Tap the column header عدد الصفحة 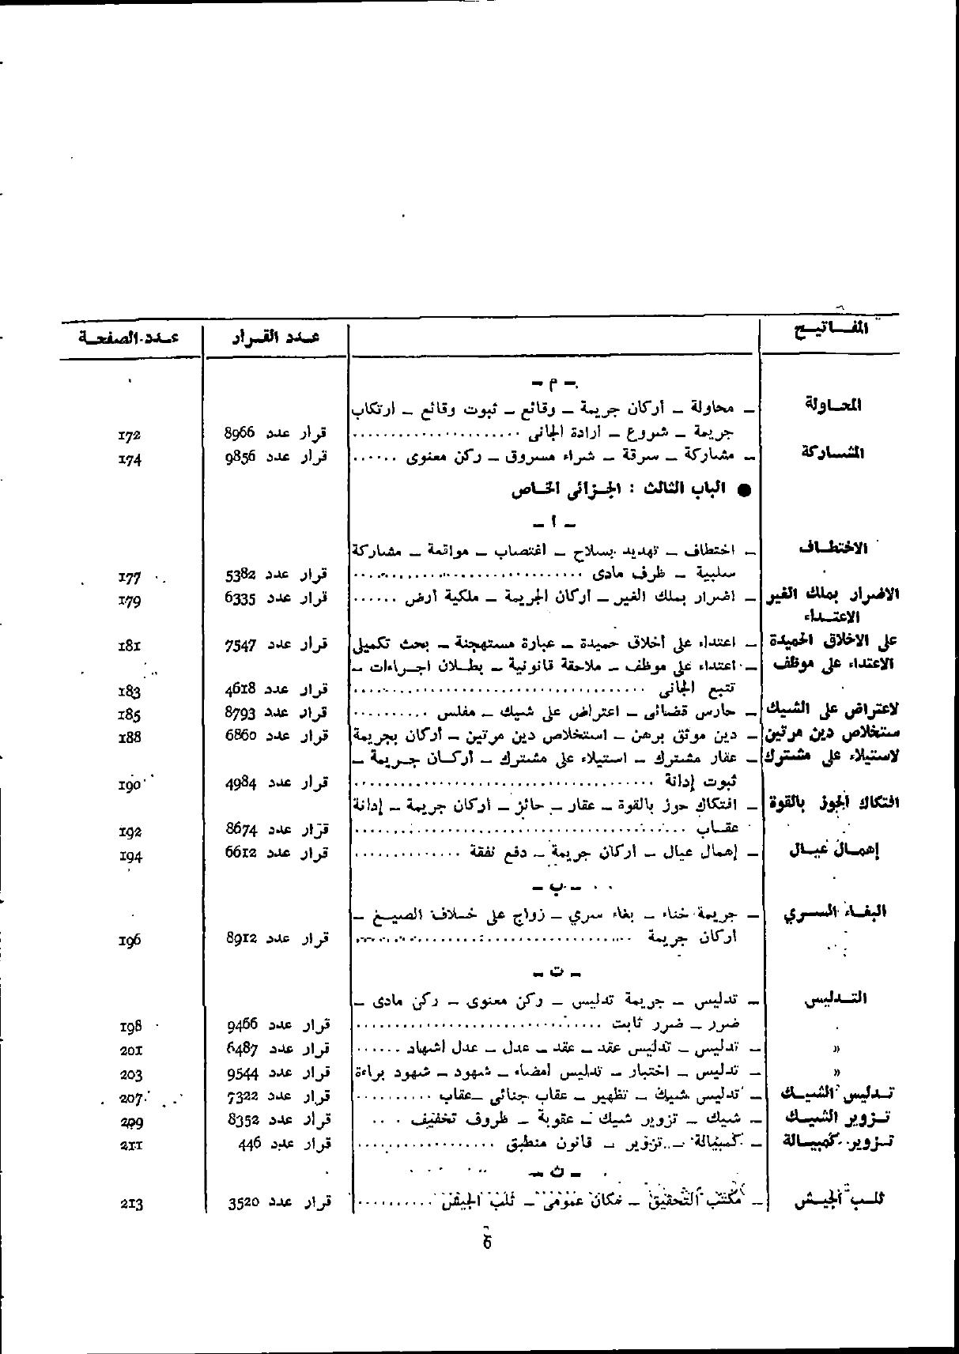pos(129,338)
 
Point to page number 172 pos(129,434)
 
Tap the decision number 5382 pos(239,574)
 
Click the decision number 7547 pos(240,645)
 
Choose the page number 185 pos(129,715)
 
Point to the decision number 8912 pos(240,938)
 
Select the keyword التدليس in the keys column pos(835,999)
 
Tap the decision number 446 pos(251,1143)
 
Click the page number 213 pos(131,1205)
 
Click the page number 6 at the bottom pos(487,1242)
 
